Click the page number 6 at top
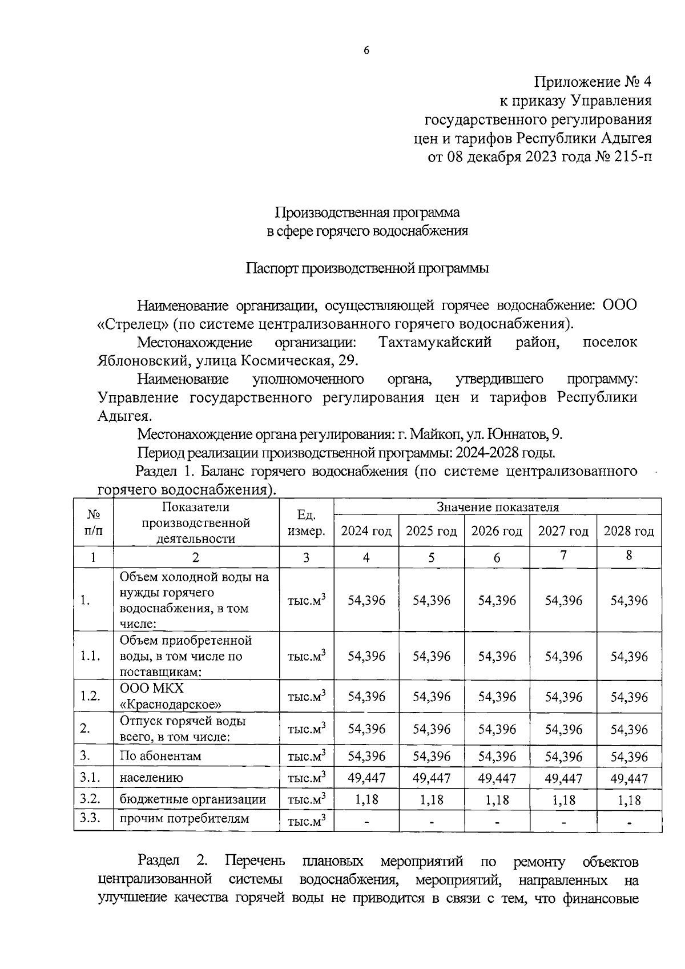point(366,51)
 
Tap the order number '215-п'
point(632,156)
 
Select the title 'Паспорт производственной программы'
point(367,268)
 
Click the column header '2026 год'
point(497,531)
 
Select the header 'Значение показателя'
point(497,507)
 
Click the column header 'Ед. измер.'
point(307,523)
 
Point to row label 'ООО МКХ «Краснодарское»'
point(170,696)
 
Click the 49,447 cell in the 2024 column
point(366,778)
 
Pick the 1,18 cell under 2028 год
point(628,800)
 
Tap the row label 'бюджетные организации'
point(192,799)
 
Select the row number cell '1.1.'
point(91,656)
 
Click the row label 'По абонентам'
point(160,756)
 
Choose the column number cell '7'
point(563,556)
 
